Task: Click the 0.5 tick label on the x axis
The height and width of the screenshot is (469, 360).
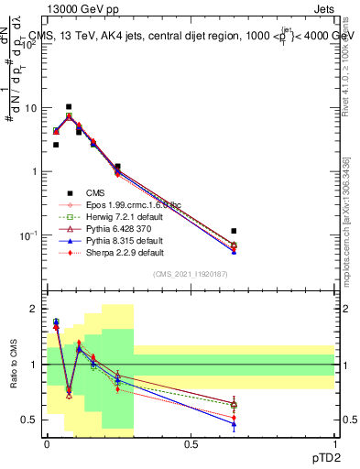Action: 190,443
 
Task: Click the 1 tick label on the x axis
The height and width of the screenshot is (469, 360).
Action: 334,443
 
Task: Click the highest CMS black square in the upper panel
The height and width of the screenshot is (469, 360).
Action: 69,107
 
